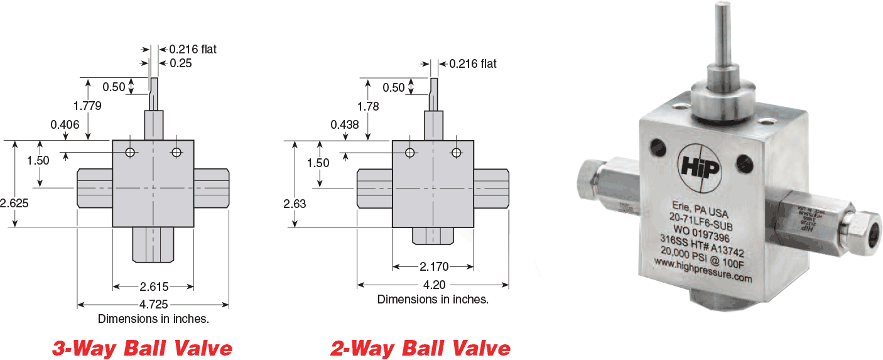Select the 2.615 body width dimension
pyautogui.click(x=154, y=287)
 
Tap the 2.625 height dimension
pyautogui.click(x=14, y=204)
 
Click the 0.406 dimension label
pyautogui.click(x=65, y=124)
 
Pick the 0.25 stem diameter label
pyautogui.click(x=180, y=63)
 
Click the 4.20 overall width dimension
pyautogui.click(x=434, y=285)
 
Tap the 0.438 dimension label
pyautogui.click(x=345, y=124)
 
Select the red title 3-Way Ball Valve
pyautogui.click(x=142, y=347)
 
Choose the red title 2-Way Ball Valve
pyautogui.click(x=421, y=347)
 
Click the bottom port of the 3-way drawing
pyautogui.click(x=153, y=244)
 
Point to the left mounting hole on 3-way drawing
pyautogui.click(x=130, y=153)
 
